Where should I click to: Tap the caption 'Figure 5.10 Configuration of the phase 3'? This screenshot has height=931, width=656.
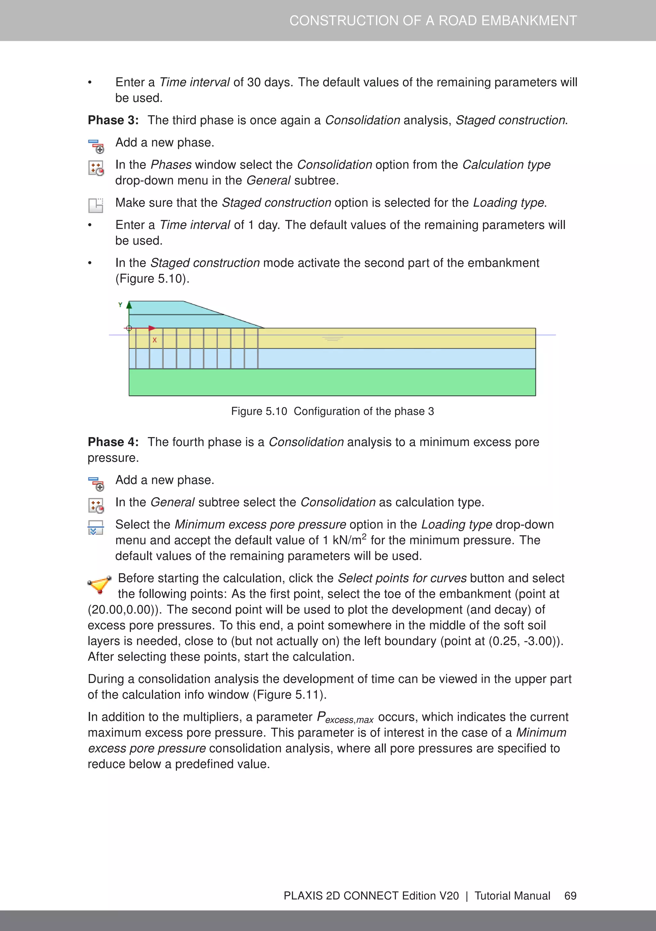point(332,411)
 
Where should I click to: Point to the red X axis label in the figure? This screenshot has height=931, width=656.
point(155,340)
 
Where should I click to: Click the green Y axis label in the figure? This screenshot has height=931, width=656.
point(120,305)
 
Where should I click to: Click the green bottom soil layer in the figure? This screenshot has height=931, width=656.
point(332,382)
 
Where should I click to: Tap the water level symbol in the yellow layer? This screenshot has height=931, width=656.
point(332,339)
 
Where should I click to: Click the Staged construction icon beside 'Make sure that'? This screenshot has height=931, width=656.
point(96,205)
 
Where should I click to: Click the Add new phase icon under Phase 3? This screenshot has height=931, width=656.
point(96,146)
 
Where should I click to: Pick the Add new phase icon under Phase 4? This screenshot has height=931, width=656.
point(96,484)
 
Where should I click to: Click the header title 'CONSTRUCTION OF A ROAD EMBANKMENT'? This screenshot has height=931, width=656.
point(433,21)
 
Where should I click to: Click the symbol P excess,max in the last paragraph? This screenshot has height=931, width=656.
point(345,718)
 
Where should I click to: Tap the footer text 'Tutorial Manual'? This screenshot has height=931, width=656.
point(512,896)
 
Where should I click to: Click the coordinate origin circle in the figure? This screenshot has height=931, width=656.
point(129,328)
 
